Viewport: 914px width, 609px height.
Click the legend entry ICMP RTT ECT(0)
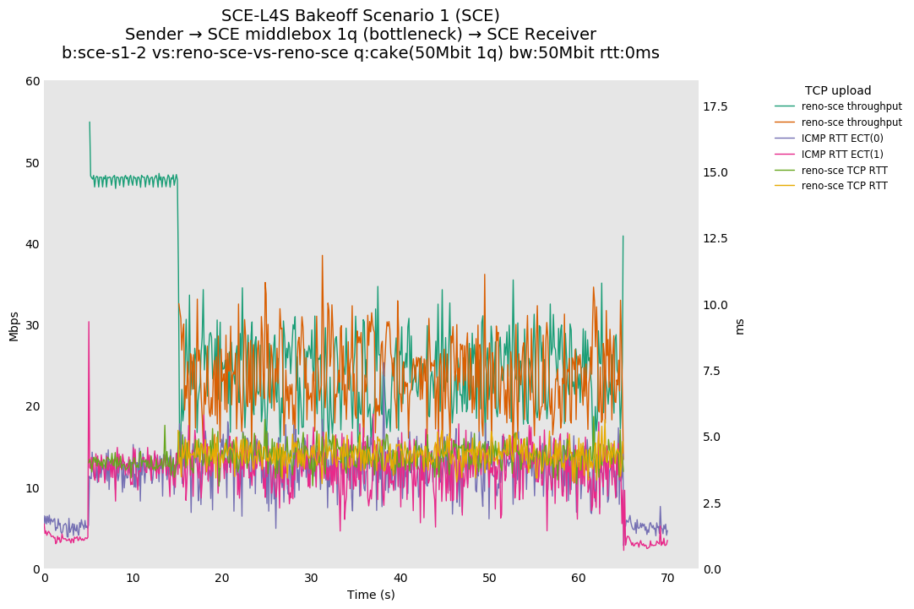pyautogui.click(x=842, y=138)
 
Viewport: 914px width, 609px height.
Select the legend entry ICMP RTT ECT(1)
pyautogui.click(x=842, y=154)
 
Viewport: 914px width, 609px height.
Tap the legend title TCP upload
pyautogui.click(x=838, y=90)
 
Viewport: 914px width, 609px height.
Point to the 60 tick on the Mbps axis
pyautogui.click(x=33, y=81)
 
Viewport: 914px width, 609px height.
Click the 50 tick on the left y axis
pyautogui.click(x=33, y=162)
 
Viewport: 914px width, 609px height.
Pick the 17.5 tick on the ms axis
pyautogui.click(x=715, y=106)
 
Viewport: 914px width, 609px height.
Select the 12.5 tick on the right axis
pyautogui.click(x=715, y=239)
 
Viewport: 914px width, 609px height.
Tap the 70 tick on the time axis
pyautogui.click(x=667, y=578)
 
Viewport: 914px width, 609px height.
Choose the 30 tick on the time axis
pyautogui.click(x=311, y=578)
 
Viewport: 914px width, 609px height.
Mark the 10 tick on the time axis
pyautogui.click(x=133, y=578)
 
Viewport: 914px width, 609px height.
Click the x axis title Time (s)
pyautogui.click(x=371, y=595)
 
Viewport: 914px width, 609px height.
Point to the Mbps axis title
pyautogui.click(x=14, y=325)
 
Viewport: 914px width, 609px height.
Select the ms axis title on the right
pyautogui.click(x=740, y=325)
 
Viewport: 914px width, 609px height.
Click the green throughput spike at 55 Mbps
pyautogui.click(x=90, y=122)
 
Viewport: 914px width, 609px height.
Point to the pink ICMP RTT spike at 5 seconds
pyautogui.click(x=89, y=322)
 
